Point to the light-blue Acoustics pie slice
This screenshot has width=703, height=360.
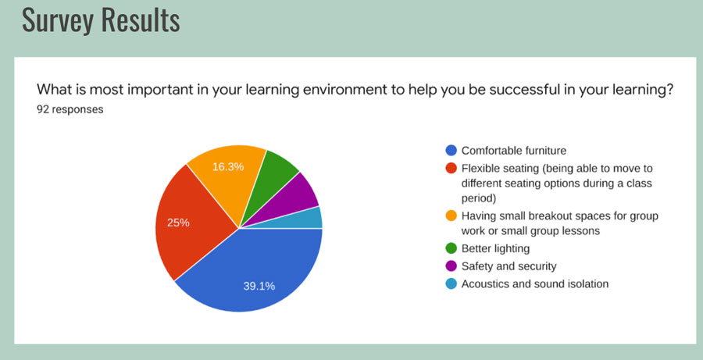coord(309,219)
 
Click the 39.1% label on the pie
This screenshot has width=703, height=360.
coord(259,286)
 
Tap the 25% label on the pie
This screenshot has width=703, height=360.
coord(178,223)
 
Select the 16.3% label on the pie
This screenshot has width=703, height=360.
coord(228,167)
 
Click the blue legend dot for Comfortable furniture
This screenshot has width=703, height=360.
coord(451,150)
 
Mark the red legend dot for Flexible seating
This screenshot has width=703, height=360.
coord(451,168)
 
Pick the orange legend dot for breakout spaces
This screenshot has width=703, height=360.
coord(451,216)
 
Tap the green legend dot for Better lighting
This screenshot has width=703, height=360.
coord(451,248)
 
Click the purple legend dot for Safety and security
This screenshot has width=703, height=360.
coord(451,266)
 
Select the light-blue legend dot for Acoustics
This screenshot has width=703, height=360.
coord(451,283)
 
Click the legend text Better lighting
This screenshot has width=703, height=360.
coord(495,248)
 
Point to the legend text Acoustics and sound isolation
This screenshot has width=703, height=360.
coord(535,283)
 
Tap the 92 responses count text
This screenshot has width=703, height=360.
coord(70,109)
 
